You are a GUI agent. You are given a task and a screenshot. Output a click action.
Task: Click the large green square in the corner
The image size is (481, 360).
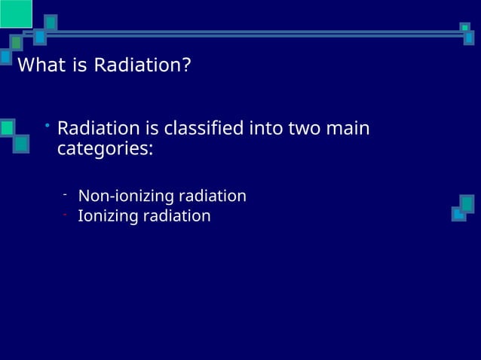point(15,14)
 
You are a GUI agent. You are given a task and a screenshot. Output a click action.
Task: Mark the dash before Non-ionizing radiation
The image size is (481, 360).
point(66,194)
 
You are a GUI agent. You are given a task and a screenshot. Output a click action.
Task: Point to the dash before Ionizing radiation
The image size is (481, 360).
point(66,214)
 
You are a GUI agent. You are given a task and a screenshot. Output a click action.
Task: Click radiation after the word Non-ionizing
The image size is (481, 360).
point(211,197)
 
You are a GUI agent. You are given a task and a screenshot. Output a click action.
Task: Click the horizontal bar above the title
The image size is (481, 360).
point(249,33)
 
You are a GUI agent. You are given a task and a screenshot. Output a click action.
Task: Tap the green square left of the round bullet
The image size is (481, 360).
point(7,128)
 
